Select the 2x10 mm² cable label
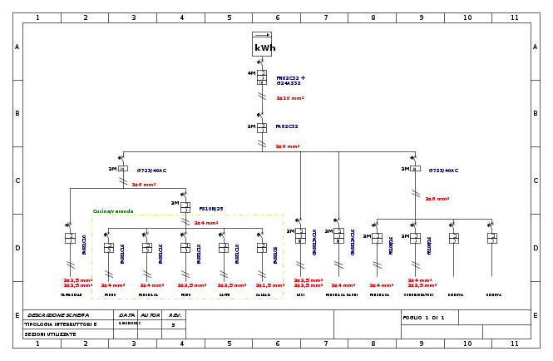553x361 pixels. tap(290, 98)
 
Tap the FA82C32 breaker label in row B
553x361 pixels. tap(287, 126)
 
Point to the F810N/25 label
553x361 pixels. tap(211, 209)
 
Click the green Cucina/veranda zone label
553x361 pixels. tap(113, 211)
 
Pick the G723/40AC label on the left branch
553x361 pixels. tap(151, 171)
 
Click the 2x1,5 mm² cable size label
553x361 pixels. tap(269, 285)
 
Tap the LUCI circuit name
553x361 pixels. tap(300, 294)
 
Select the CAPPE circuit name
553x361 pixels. tap(225, 294)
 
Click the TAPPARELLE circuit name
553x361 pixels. tap(72, 294)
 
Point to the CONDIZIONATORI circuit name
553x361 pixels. tap(418, 294)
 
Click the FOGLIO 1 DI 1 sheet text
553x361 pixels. tap(423, 318)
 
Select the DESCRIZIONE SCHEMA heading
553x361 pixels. tap(58, 315)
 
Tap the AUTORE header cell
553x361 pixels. tap(151, 315)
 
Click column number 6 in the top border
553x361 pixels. tap(277, 17)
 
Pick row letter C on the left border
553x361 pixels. tap(17, 180)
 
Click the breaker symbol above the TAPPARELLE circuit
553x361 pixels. tap(70, 238)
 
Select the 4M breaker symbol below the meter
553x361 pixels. tap(261, 77)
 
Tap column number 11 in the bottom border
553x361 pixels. tap(514, 344)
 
